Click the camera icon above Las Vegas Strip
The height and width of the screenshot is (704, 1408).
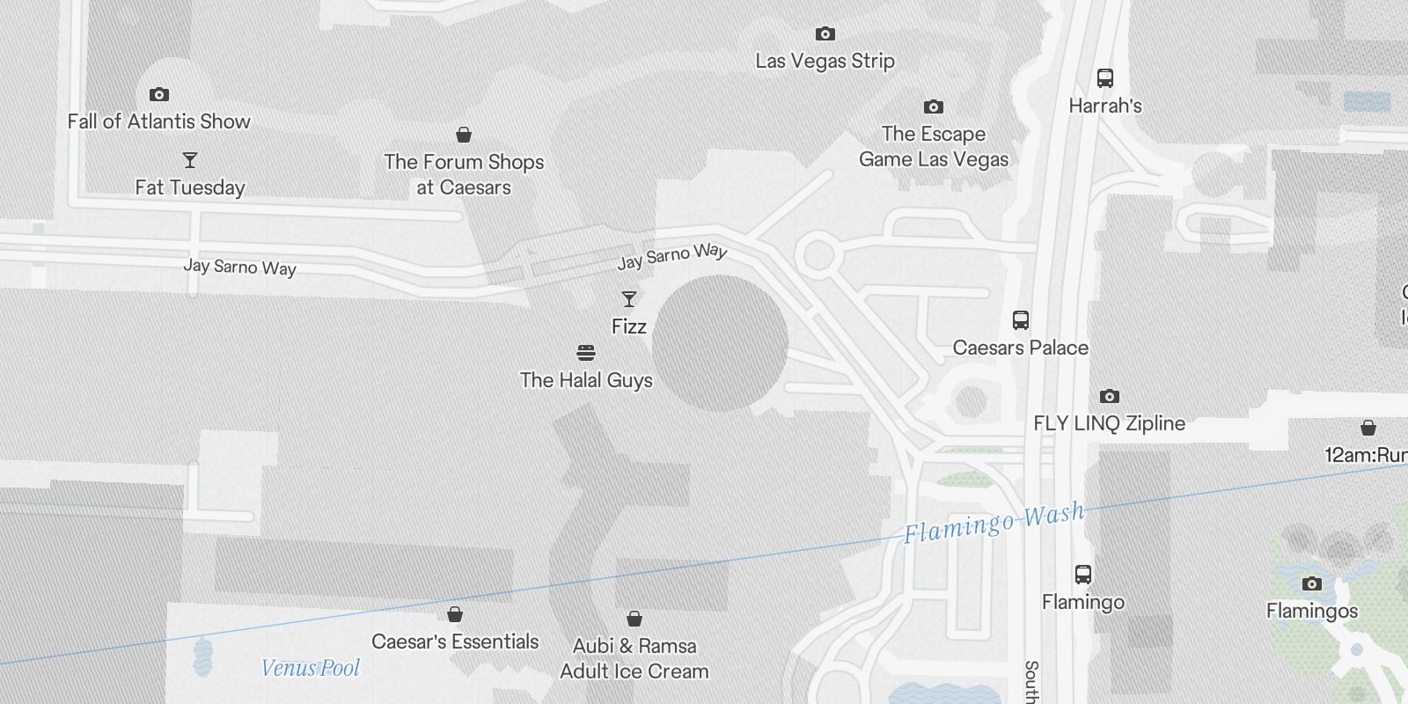825,34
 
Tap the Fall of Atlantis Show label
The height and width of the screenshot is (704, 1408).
159,121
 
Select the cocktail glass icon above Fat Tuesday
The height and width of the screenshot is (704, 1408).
190,160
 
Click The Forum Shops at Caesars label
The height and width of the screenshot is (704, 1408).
464,174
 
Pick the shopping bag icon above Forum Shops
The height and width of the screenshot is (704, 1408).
464,135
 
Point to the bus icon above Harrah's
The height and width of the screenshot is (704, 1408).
1105,78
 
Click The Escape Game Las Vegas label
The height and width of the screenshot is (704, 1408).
934,147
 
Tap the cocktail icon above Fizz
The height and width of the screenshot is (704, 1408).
629,299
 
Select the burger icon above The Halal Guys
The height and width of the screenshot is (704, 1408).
586,353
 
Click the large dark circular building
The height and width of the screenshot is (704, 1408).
720,343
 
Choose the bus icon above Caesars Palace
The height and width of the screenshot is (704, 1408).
1021,320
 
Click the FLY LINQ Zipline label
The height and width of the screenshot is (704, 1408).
1109,423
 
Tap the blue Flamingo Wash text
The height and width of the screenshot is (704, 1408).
994,523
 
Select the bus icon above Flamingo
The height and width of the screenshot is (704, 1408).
1083,575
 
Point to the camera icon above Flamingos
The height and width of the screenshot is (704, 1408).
1312,583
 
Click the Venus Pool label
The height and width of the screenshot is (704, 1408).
311,668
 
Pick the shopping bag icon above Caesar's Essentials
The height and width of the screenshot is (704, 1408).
455,614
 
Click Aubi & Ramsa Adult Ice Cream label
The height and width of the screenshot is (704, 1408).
634,658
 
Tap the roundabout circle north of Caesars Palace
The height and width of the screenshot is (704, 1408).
818,255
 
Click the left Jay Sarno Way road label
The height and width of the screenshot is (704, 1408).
239,268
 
